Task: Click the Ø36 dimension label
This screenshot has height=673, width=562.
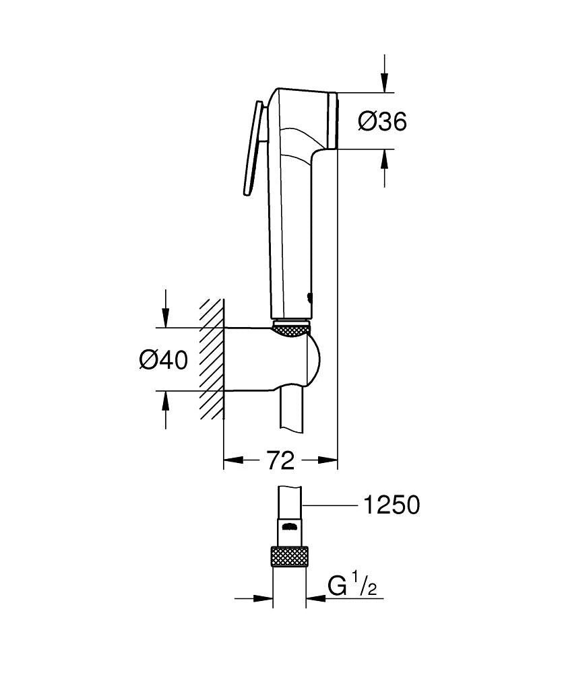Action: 382,122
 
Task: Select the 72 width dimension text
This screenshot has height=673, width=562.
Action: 280,461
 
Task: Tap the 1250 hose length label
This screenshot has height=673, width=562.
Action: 391,505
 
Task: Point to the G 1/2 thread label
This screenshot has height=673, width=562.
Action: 352,587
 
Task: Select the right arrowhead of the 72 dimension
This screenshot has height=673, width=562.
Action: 328,461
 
